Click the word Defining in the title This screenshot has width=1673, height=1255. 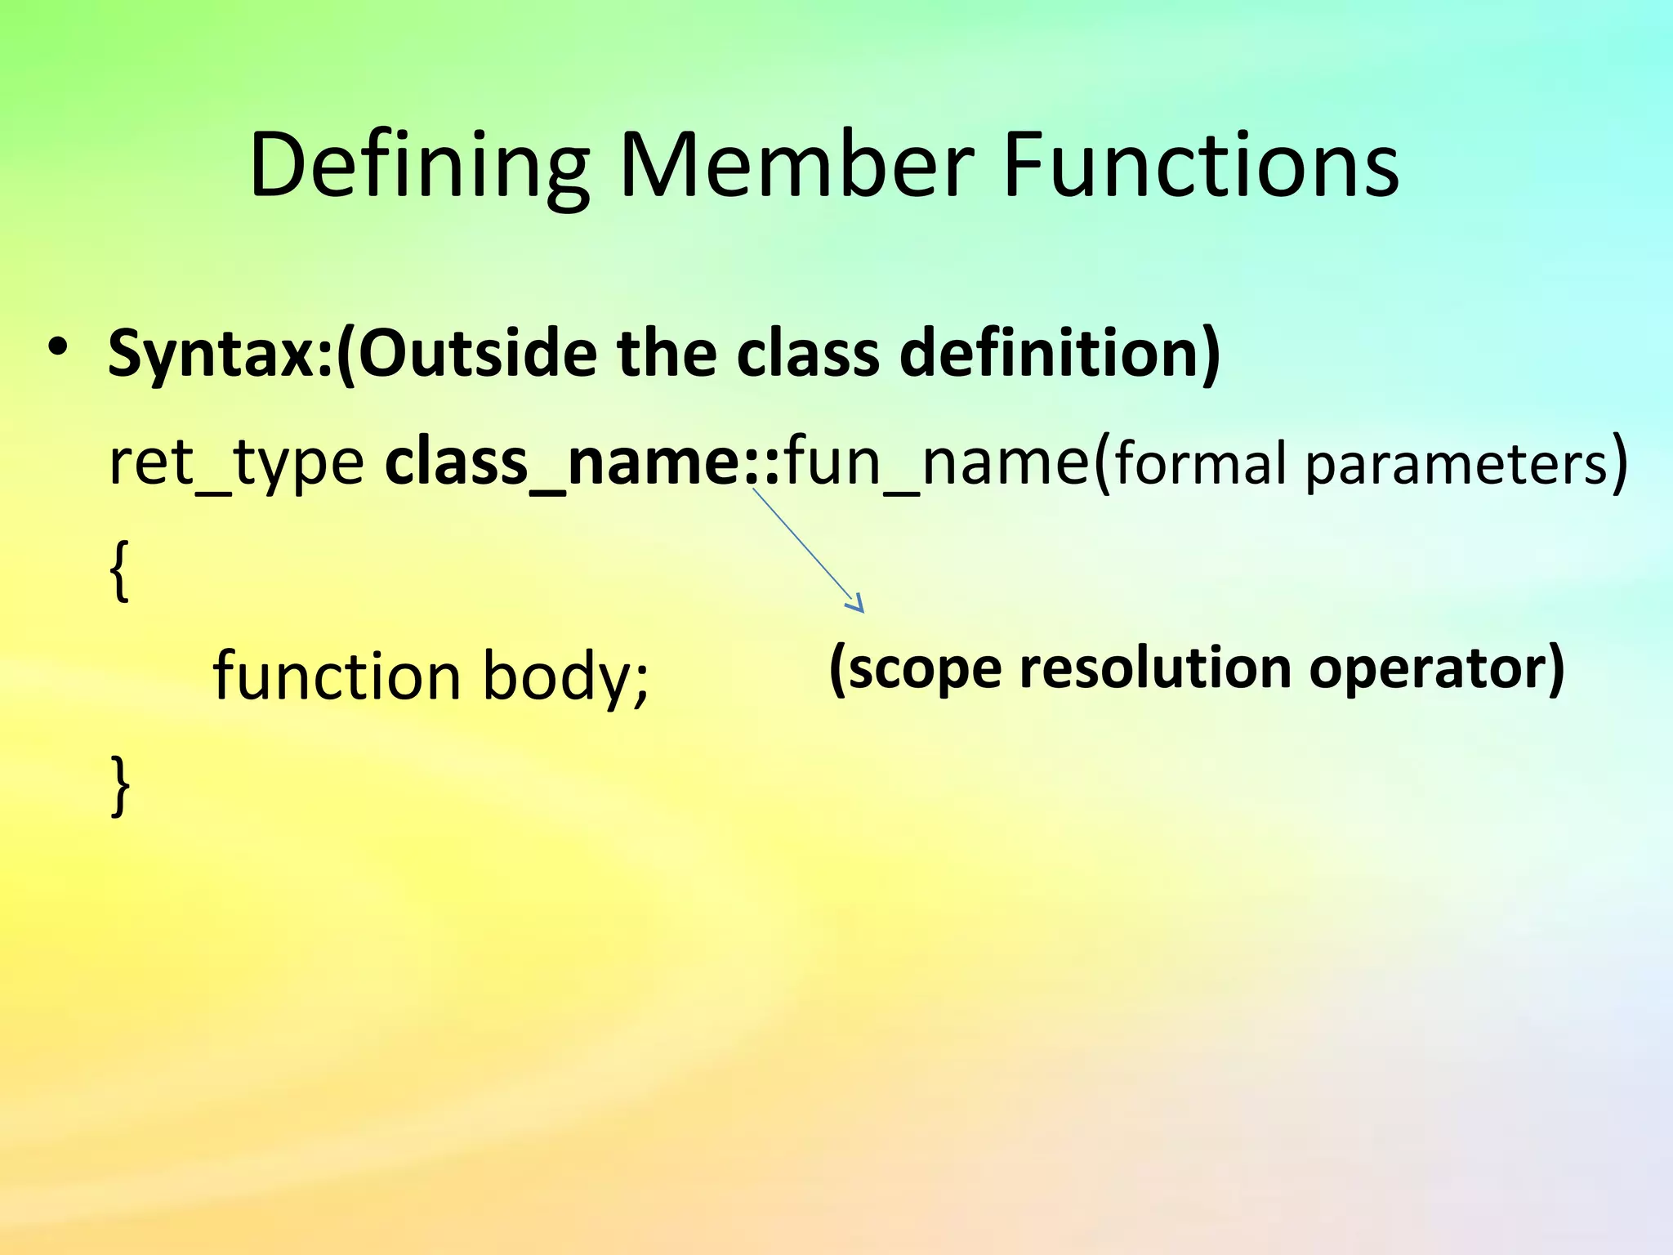point(419,167)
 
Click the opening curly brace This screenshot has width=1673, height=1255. point(119,571)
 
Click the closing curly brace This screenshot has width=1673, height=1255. point(120,785)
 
